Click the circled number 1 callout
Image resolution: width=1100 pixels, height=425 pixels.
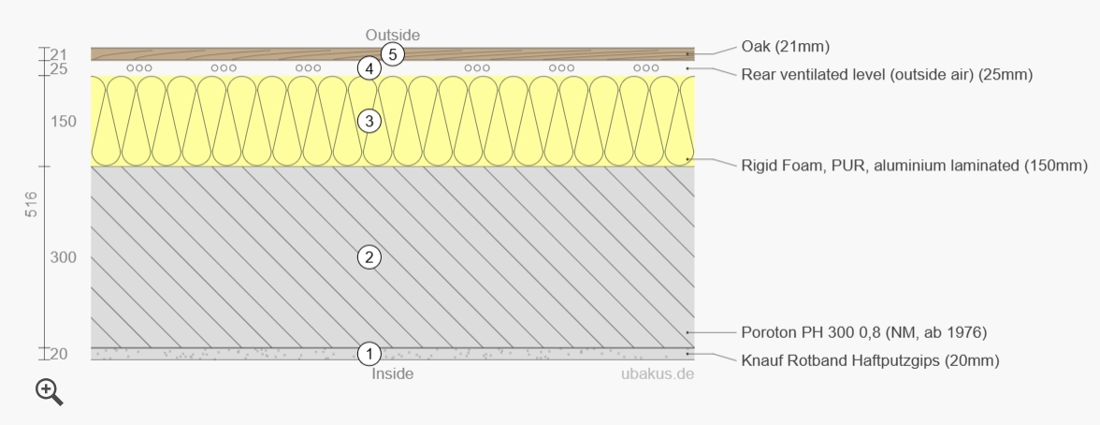(x=369, y=354)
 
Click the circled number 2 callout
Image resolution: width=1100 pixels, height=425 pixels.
(x=369, y=257)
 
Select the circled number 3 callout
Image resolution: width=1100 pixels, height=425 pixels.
(x=369, y=122)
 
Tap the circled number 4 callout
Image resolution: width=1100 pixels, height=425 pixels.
(x=369, y=68)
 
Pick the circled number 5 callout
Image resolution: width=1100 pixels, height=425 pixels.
(x=393, y=54)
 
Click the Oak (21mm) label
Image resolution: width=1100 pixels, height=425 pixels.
(x=785, y=47)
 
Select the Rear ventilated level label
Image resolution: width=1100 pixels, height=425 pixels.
(x=886, y=75)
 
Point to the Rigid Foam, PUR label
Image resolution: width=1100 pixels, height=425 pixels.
(x=914, y=166)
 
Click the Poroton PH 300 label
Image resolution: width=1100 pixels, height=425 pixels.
(x=863, y=332)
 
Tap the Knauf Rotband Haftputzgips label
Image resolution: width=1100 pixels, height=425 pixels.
(x=870, y=360)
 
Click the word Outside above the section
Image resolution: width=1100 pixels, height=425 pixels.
(x=393, y=35)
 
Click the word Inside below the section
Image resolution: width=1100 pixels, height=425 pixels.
(x=393, y=374)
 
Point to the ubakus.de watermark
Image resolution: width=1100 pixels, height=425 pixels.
(x=658, y=374)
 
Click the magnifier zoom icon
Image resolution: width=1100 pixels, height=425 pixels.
(x=50, y=393)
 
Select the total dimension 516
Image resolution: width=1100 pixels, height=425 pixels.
(x=31, y=205)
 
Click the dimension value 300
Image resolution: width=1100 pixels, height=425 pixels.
(x=63, y=257)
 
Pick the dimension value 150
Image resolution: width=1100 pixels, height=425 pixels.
(x=63, y=122)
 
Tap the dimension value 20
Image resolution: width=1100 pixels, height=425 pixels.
(x=58, y=354)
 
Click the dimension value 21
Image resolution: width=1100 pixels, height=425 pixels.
(x=58, y=54)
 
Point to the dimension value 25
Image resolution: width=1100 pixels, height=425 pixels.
(x=58, y=68)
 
